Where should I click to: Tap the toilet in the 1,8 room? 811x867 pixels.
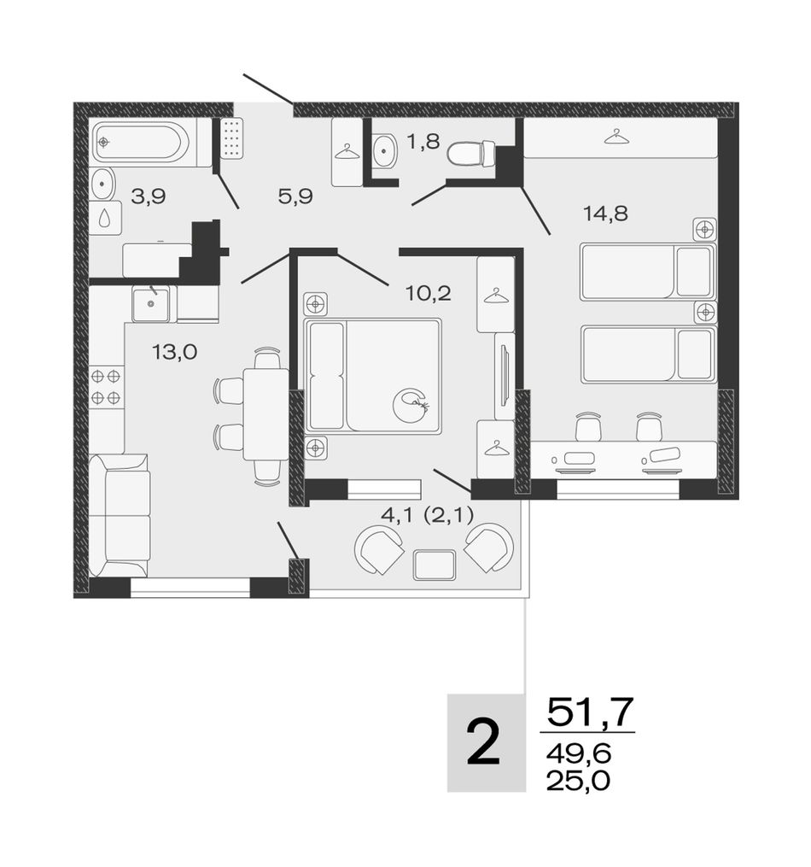pos(470,154)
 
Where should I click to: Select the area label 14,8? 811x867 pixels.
pos(605,213)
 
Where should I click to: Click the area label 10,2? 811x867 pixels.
pos(429,293)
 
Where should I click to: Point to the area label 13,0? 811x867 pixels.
pos(174,352)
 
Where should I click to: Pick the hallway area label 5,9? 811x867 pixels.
pos(295,196)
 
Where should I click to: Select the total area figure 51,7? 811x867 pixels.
pos(589,712)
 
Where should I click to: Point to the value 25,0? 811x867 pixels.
pos(578,781)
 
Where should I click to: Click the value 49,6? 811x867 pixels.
pos(578,753)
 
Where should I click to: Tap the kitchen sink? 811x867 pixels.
pos(151,303)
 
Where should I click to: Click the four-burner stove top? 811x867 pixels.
pos(106,387)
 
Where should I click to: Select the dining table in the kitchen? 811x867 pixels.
pos(265,414)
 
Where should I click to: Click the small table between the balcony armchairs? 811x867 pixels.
pos(435,565)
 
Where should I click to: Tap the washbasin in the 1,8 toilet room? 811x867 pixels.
pos(384,149)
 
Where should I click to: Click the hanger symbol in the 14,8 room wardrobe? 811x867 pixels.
pos(617,136)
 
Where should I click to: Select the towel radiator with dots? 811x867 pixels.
pos(232,138)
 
